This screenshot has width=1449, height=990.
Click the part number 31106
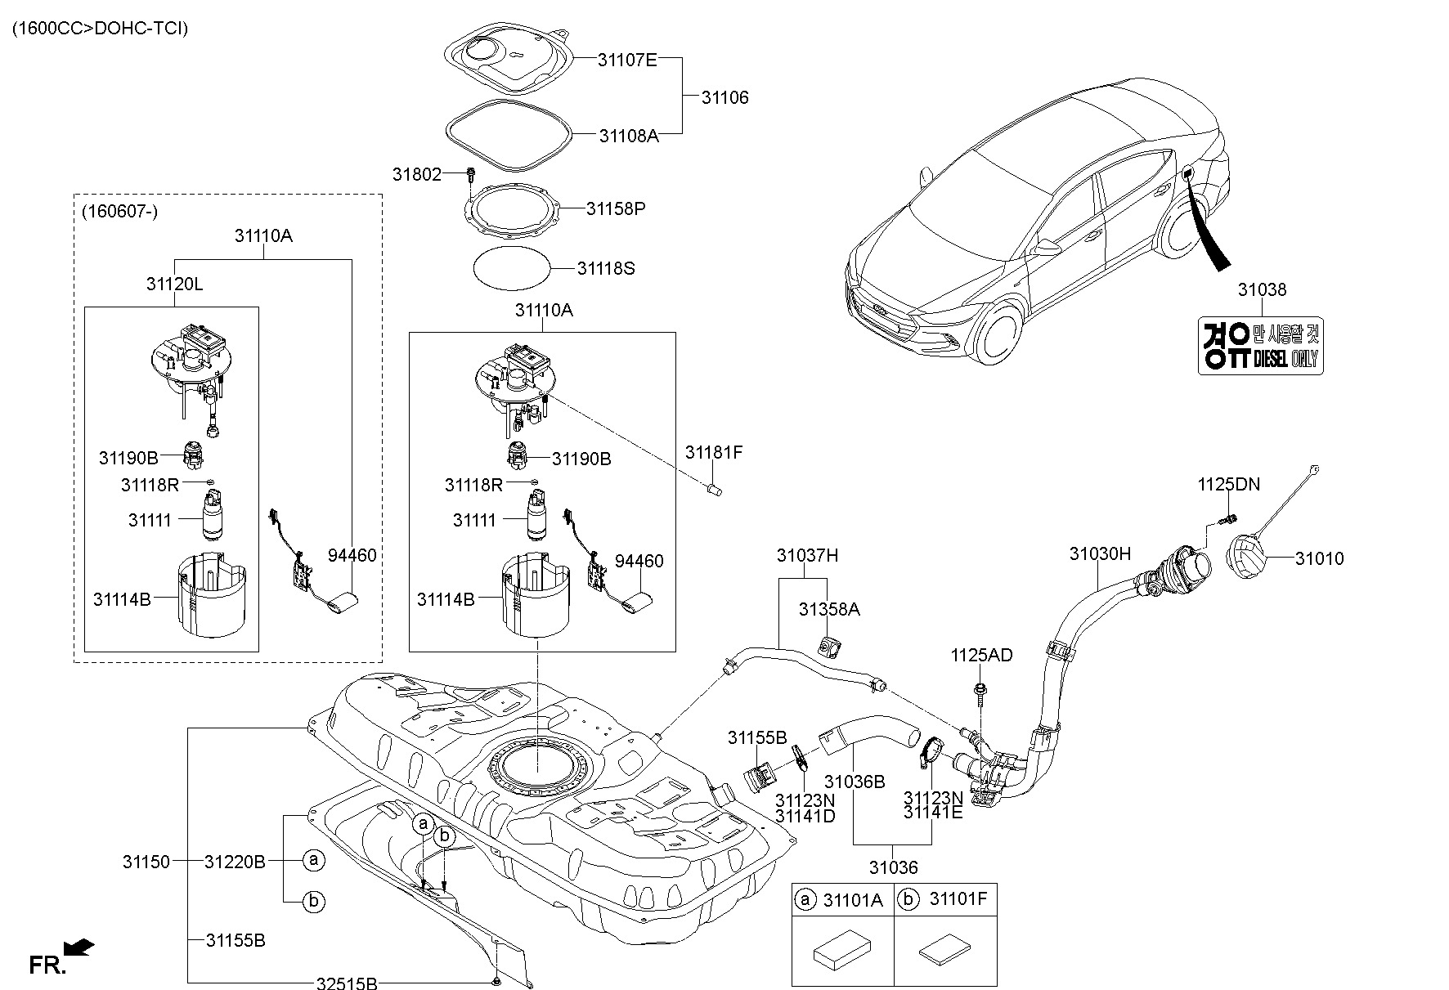[724, 97]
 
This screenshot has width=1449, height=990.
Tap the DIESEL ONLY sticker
[1260, 346]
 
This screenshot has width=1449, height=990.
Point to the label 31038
[1261, 289]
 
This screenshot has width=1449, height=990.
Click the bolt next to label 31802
[471, 173]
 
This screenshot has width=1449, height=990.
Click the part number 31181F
[713, 452]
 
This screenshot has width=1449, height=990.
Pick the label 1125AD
[980, 655]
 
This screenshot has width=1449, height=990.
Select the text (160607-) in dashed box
[119, 212]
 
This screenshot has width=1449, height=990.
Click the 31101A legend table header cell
[843, 900]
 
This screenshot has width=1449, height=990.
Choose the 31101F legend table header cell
[946, 900]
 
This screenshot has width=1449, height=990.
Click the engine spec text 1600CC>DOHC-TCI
[100, 29]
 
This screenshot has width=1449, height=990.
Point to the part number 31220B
[235, 861]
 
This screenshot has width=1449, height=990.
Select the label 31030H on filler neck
[1099, 553]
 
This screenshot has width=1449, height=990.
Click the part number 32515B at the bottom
[347, 983]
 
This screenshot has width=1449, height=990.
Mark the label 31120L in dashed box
[174, 284]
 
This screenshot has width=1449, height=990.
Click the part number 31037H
[807, 556]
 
